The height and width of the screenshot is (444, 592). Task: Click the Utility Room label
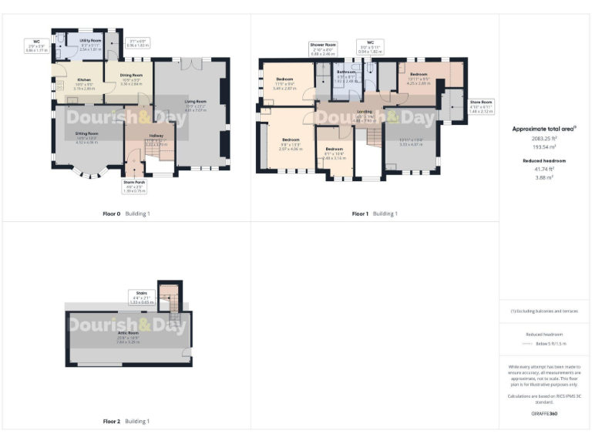(x=90, y=40)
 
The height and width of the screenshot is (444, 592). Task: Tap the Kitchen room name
(x=85, y=79)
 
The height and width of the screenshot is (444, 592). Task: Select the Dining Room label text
(x=130, y=75)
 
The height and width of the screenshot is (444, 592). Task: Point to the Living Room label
(x=195, y=102)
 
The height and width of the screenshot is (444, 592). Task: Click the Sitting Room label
(x=87, y=133)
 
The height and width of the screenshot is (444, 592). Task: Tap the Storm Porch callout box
(x=135, y=187)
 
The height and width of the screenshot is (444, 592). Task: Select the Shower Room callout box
(x=323, y=49)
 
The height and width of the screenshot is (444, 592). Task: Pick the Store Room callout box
(x=482, y=106)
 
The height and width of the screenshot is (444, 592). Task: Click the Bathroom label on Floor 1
(x=346, y=72)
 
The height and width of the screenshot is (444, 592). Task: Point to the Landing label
(x=364, y=112)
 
